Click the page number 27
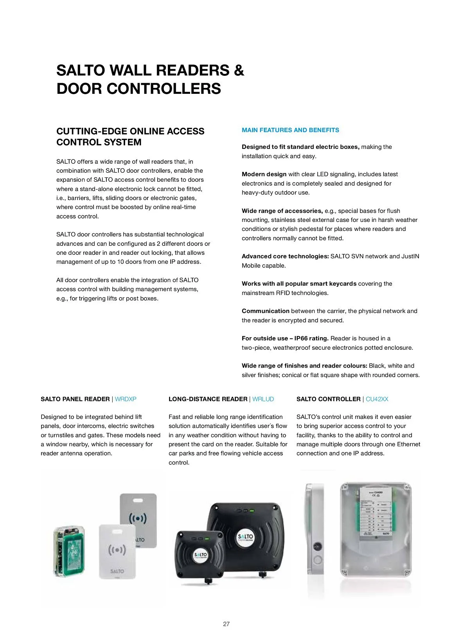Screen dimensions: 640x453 (x=226, y=624)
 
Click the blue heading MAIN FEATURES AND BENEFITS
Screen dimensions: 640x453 (x=290, y=130)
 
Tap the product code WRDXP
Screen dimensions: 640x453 (x=126, y=399)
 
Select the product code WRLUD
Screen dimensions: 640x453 (x=263, y=399)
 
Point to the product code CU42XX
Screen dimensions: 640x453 (x=377, y=399)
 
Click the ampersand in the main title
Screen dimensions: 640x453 (x=239, y=71)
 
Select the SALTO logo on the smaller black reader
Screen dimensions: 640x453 (x=200, y=555)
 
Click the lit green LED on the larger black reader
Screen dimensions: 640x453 (x=252, y=510)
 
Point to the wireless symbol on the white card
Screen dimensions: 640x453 (x=117, y=550)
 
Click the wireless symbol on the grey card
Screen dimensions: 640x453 (x=138, y=518)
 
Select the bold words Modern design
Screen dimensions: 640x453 (x=264, y=174)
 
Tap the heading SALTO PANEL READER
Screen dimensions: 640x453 (x=75, y=399)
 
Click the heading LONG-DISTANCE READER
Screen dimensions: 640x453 (x=208, y=399)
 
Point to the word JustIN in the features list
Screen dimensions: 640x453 (x=410, y=256)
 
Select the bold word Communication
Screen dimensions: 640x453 (x=265, y=311)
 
